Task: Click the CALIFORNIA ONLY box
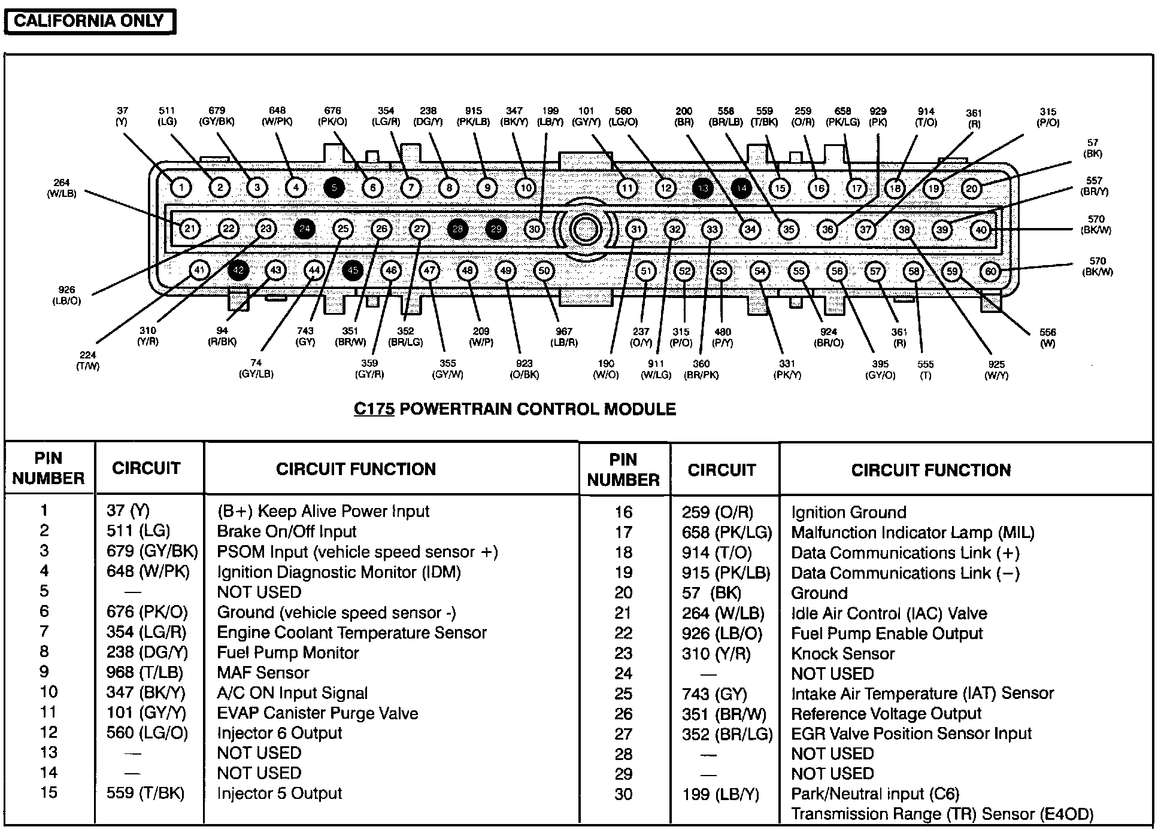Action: tap(89, 22)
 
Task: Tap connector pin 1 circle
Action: tap(181, 188)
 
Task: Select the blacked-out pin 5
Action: tap(334, 188)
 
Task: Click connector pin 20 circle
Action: tap(971, 189)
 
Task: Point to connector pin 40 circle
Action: tap(981, 230)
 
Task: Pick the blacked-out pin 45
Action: tap(353, 270)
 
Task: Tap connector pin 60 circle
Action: tap(990, 272)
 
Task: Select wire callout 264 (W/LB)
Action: tap(62, 188)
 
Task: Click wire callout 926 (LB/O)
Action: tap(66, 295)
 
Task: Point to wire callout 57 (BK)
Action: tap(1093, 148)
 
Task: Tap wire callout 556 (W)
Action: tap(1047, 338)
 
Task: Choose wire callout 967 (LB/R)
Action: tap(563, 337)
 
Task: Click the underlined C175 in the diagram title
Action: tap(374, 409)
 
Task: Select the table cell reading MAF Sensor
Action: tap(263, 673)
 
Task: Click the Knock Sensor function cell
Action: tap(842, 653)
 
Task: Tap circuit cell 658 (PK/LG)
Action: tap(726, 533)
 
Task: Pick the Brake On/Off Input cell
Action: tap(286, 531)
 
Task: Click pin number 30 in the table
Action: tap(623, 794)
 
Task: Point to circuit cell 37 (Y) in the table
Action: tap(128, 510)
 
